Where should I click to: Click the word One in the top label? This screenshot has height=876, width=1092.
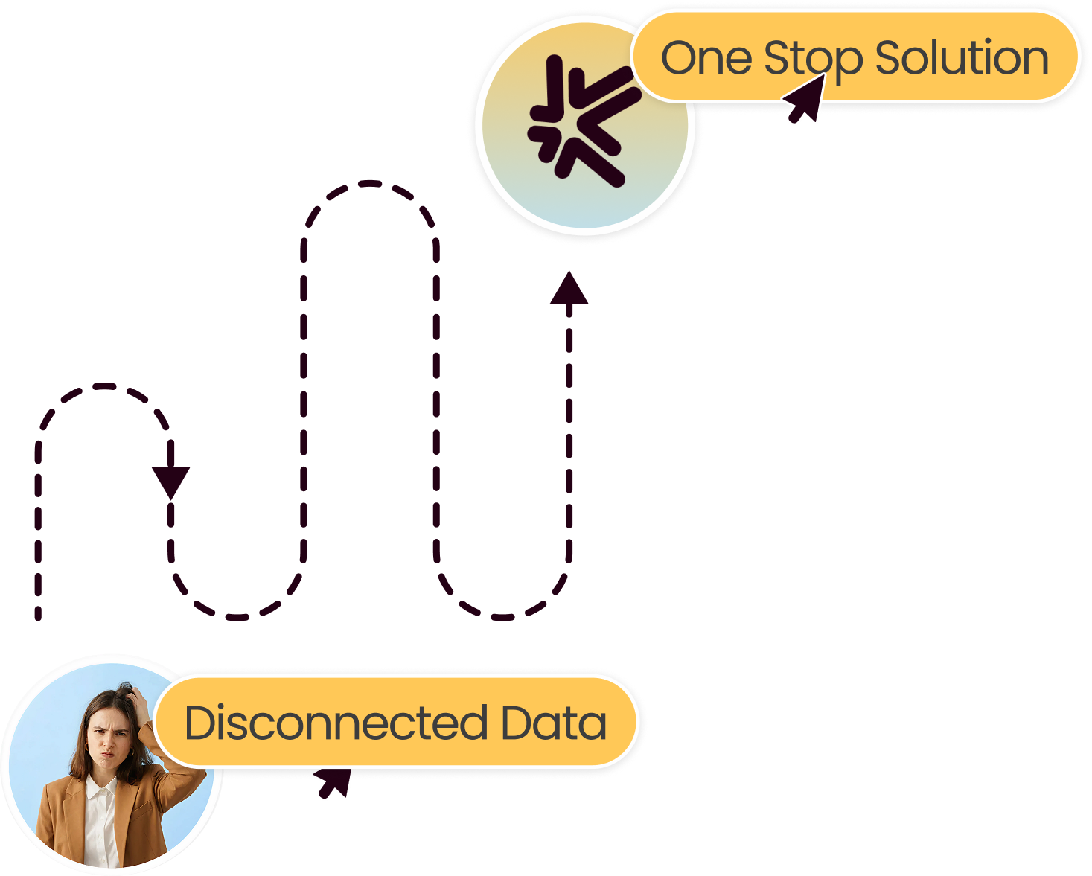pyautogui.click(x=706, y=58)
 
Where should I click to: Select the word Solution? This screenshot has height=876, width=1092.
pyautogui.click(x=962, y=58)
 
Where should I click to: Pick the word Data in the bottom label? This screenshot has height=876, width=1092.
pyautogui.click(x=554, y=723)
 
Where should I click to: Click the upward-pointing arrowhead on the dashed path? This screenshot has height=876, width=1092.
pyautogui.click(x=569, y=289)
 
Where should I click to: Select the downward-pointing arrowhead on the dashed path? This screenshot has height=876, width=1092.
pyautogui.click(x=171, y=481)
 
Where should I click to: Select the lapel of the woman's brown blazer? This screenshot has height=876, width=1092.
pyautogui.click(x=71, y=800)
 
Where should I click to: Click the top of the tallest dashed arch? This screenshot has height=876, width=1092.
pyautogui.click(x=370, y=183)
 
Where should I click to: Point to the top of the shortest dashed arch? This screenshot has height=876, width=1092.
pyautogui.click(x=104, y=386)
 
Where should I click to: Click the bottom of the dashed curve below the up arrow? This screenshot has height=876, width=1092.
pyautogui.click(x=502, y=617)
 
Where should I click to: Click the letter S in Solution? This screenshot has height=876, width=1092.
pyautogui.click(x=887, y=58)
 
